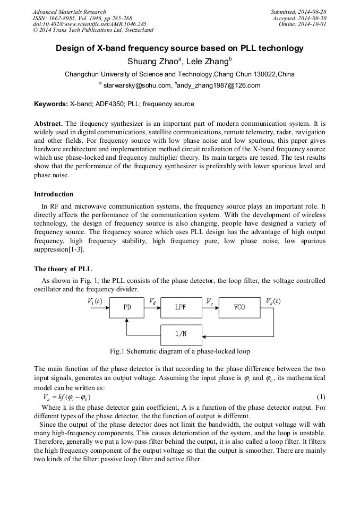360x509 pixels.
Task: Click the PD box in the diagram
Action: (127, 307)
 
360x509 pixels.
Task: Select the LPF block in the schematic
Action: (181, 307)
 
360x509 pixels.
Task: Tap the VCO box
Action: (239, 307)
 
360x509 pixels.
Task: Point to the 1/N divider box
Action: (181, 334)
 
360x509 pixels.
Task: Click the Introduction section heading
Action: (54, 194)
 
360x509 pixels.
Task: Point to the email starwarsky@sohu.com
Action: (136, 85)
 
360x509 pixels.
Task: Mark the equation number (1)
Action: (320, 397)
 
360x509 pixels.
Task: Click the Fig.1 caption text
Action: (179, 351)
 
